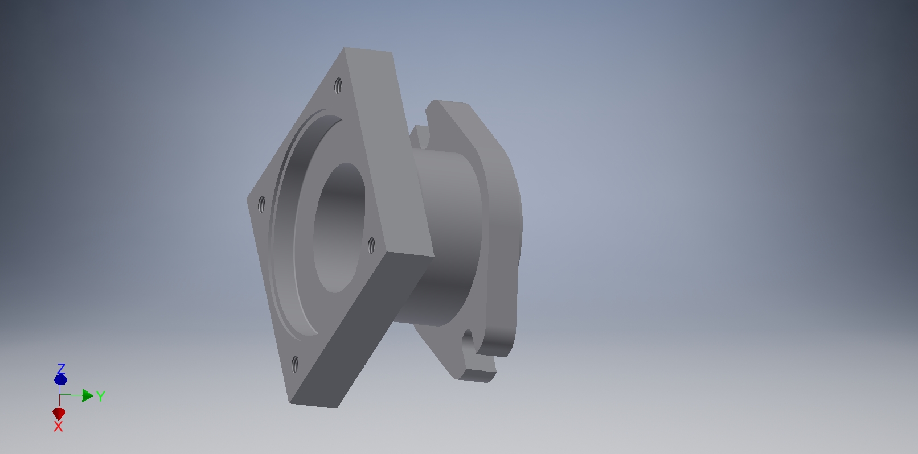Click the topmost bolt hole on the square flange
[x=338, y=85]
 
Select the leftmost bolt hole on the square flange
[x=261, y=204]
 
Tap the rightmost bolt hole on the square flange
[x=371, y=245]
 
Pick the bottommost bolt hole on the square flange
[x=295, y=364]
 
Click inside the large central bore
[x=339, y=228]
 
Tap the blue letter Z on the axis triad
[x=61, y=369]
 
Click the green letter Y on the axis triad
[x=101, y=396]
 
